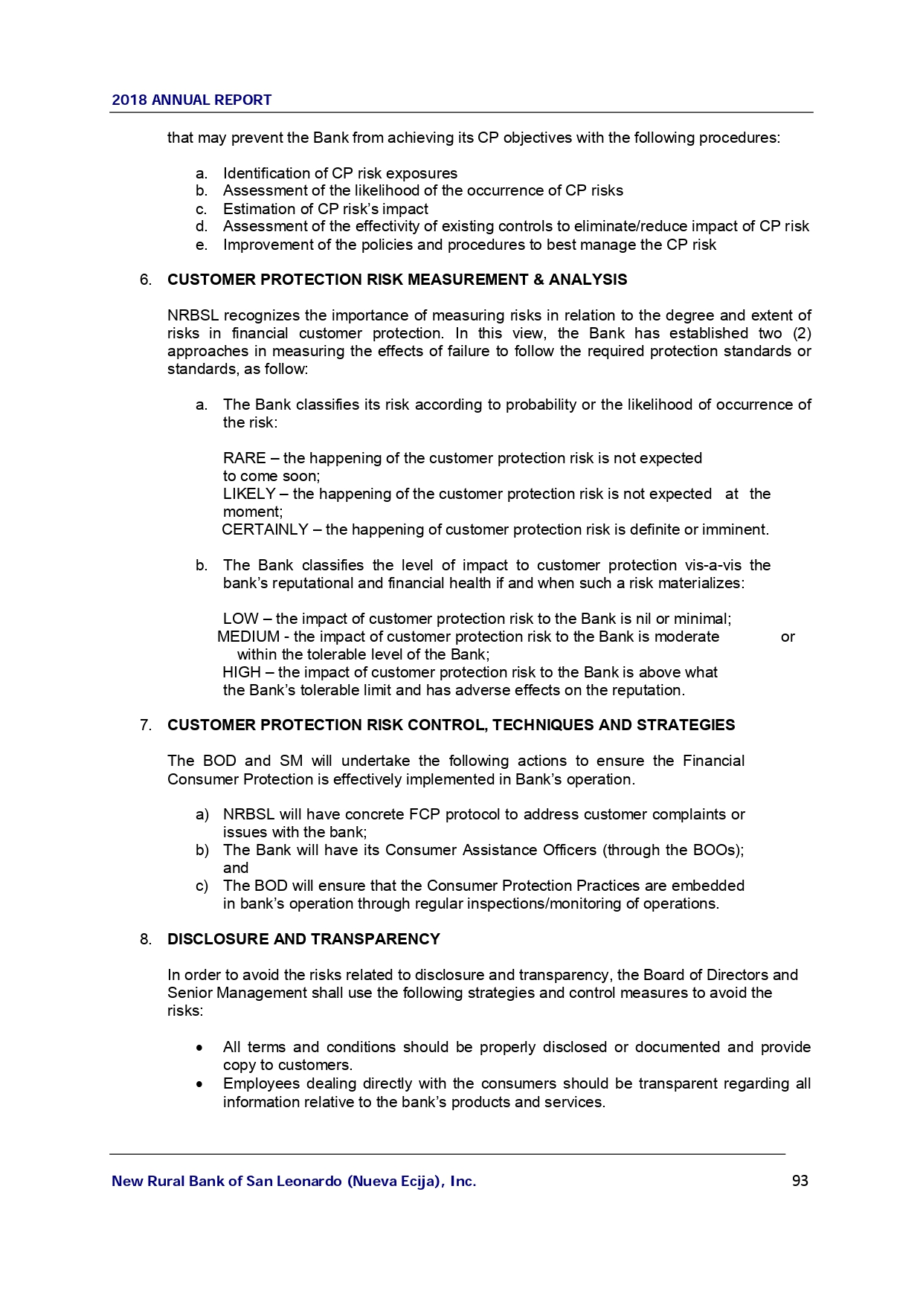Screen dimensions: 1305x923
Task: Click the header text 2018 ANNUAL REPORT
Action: [x=191, y=100]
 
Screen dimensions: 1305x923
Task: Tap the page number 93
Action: [x=800, y=1181]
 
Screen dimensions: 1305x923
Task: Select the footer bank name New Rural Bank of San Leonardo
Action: [x=293, y=1182]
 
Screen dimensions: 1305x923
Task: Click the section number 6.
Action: [x=146, y=280]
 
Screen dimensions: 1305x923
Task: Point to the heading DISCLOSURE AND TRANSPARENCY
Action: [x=303, y=939]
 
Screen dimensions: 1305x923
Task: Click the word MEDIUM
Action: [x=248, y=637]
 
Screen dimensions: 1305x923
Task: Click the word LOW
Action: [x=240, y=619]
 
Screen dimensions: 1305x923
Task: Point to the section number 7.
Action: [x=146, y=726]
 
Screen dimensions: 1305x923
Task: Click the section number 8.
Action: [x=146, y=940]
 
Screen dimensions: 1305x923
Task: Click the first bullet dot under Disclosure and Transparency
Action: [x=200, y=1048]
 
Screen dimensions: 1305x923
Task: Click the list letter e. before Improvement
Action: [x=201, y=245]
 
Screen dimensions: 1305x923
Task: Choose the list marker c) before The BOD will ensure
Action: [x=202, y=886]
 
